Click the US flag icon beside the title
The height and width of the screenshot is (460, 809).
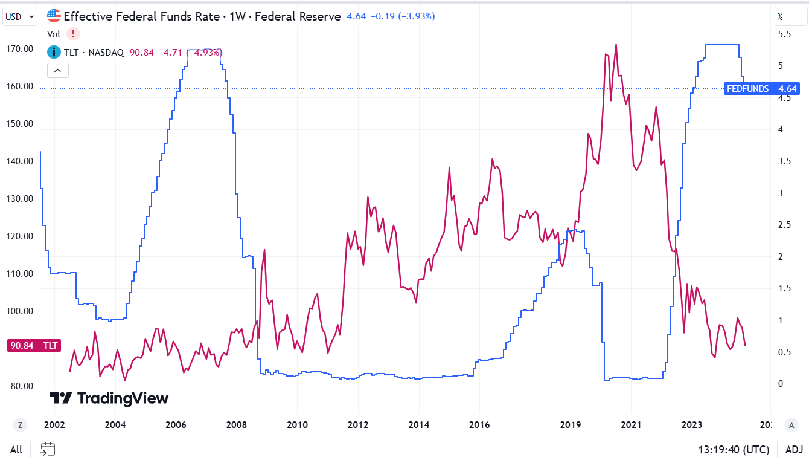pyautogui.click(x=54, y=16)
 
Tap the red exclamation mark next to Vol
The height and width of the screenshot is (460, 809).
pyautogui.click(x=73, y=34)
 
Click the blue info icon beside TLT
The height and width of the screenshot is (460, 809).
pyautogui.click(x=54, y=53)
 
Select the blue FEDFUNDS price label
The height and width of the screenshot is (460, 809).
pyautogui.click(x=747, y=89)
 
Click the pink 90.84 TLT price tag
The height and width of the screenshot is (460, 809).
pyautogui.click(x=33, y=346)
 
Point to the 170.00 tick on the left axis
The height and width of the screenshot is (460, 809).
pyautogui.click(x=19, y=49)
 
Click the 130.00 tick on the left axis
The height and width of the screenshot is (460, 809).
pyautogui.click(x=19, y=199)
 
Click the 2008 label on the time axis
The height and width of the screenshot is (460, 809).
pyautogui.click(x=237, y=424)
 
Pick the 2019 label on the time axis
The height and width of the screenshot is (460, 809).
pyautogui.click(x=571, y=424)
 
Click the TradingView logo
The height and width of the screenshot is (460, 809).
pyautogui.click(x=109, y=398)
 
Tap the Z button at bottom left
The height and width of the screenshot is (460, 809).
pyautogui.click(x=20, y=425)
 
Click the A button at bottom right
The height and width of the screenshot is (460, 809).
pyautogui.click(x=791, y=425)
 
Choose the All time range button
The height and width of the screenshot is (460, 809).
pyautogui.click(x=16, y=450)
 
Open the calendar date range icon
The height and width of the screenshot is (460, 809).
pyautogui.click(x=48, y=449)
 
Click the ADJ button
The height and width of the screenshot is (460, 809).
pyautogui.click(x=794, y=450)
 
